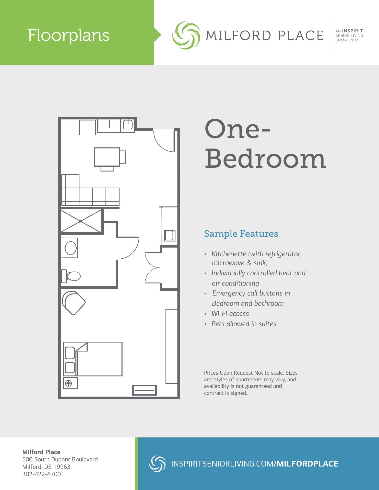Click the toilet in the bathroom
pos(71,276)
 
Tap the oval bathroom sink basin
pos(71,248)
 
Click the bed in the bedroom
pos(93,359)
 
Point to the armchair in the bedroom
pos(74,303)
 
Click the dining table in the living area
pos(107,157)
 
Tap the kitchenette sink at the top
pos(127,125)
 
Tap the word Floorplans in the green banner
pos(69,35)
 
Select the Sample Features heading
pos(241,234)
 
